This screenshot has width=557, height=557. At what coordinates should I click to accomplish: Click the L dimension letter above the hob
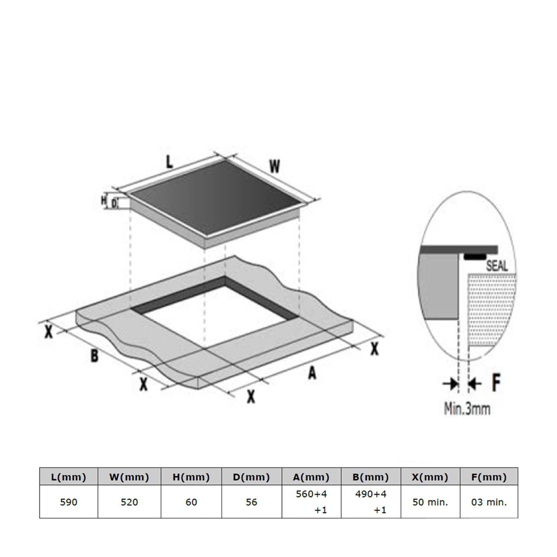169,162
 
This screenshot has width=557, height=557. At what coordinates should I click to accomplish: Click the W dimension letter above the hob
274,166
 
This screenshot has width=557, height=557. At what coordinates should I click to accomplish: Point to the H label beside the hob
104,201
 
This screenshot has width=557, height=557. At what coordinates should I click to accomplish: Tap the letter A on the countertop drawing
312,373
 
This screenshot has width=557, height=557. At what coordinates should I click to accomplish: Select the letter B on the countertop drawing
95,355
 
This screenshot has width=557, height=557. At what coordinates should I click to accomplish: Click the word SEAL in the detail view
497,266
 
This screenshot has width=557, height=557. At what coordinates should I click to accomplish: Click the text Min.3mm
467,408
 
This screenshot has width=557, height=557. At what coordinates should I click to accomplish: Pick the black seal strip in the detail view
475,257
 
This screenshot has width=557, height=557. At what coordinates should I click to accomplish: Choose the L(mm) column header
69,477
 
